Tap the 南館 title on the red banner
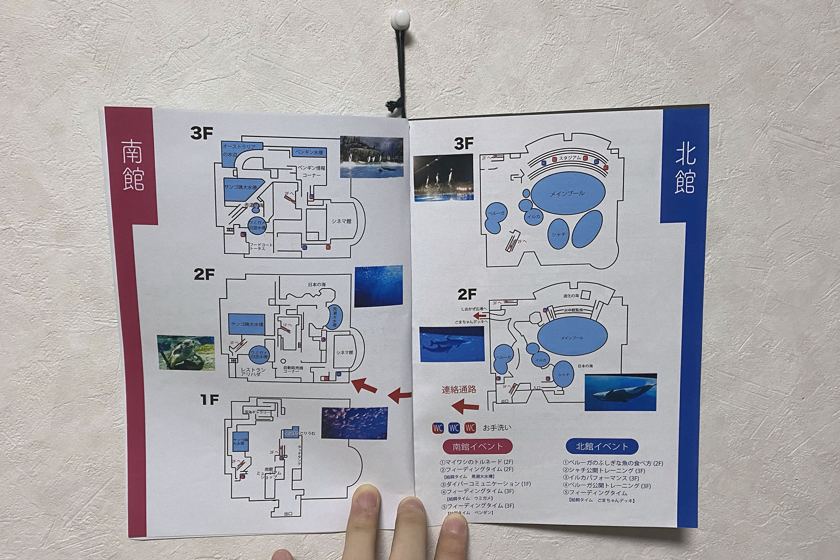133,165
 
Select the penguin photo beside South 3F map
372,156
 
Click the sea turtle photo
186,353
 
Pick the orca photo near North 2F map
620,392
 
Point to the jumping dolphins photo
444,177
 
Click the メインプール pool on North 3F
567,193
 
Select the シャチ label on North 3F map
558,235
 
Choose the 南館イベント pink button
478,446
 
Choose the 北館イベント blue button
602,446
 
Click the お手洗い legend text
497,428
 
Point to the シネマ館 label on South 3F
341,221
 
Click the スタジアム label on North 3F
570,158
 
